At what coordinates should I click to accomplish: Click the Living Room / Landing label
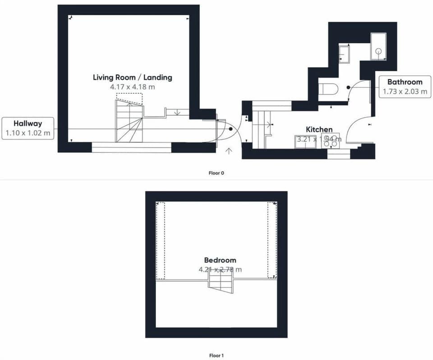tap(132, 77)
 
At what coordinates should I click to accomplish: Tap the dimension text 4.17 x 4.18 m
tap(132, 87)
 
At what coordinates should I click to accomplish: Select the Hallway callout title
tap(28, 123)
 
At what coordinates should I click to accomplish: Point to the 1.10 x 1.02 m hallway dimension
tap(28, 133)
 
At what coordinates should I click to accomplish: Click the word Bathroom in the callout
tap(405, 82)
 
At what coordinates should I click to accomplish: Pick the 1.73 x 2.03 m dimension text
tap(405, 91)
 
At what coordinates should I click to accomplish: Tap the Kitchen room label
tap(319, 130)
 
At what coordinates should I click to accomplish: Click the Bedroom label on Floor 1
tap(220, 260)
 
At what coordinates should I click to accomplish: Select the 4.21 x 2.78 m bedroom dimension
tap(220, 269)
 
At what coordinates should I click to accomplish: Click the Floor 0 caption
tap(216, 173)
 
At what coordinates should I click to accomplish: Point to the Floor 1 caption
tap(216, 355)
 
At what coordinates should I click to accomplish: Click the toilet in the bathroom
tap(328, 89)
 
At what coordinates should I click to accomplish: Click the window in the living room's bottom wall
tap(132, 147)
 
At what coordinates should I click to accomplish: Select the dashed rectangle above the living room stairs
tap(129, 97)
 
